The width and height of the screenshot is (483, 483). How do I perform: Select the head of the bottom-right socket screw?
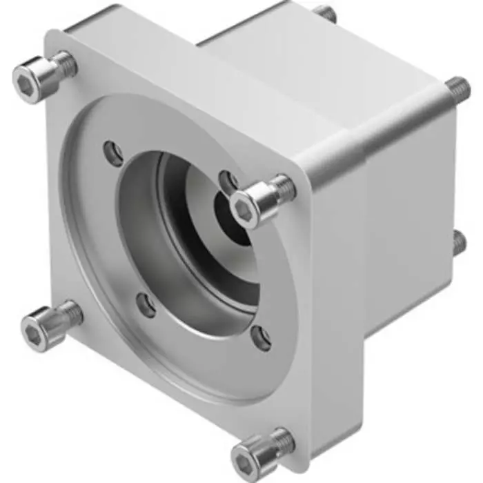point(252,455)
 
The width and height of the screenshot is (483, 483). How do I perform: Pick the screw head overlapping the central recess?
point(250,206)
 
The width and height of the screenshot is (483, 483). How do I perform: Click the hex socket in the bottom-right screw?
point(247,458)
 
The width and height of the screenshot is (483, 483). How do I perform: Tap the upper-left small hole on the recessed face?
point(112,151)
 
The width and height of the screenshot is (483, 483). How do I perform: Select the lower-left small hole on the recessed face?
point(145,304)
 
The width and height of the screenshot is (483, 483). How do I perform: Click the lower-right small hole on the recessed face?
point(261,337)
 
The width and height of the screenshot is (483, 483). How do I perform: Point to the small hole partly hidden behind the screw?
point(226,181)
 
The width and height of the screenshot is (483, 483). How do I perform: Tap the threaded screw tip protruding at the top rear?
point(326,13)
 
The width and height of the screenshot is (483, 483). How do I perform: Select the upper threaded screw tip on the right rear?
point(455,88)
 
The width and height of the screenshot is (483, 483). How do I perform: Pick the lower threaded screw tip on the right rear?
point(458,243)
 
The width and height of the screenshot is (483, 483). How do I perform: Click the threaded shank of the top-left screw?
point(65,63)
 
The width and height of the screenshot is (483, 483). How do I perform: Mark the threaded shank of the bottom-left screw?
point(71,314)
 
